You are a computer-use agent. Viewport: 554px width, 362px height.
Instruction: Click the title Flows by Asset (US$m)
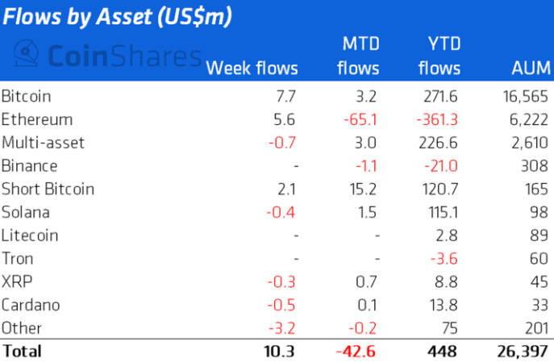(x=118, y=17)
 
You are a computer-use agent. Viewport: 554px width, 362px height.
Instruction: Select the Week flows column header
(x=252, y=69)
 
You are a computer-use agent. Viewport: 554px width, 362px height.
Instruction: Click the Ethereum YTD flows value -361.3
(x=435, y=120)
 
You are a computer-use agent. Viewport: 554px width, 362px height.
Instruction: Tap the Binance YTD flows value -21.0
(x=441, y=166)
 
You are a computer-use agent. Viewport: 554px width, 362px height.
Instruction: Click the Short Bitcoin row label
(x=48, y=189)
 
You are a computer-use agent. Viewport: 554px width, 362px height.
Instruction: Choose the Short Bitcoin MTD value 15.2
(x=363, y=189)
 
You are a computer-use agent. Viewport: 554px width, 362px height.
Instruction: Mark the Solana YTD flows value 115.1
(x=442, y=213)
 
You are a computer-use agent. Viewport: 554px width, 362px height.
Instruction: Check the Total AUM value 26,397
(x=520, y=352)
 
